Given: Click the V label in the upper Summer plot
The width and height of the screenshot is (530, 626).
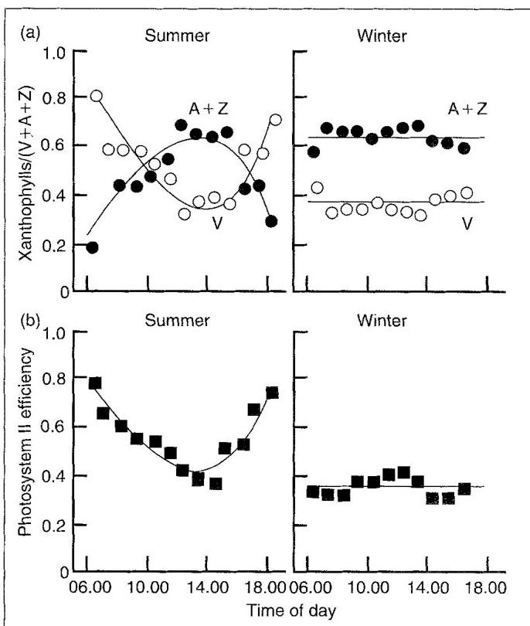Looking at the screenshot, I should coord(204,223).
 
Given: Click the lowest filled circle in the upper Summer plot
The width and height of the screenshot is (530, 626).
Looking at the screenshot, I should coord(93,247).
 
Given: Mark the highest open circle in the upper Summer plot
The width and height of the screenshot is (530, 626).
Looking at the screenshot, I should coord(97,96).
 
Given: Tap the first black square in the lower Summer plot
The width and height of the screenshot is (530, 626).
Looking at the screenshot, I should coord(95,383).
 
